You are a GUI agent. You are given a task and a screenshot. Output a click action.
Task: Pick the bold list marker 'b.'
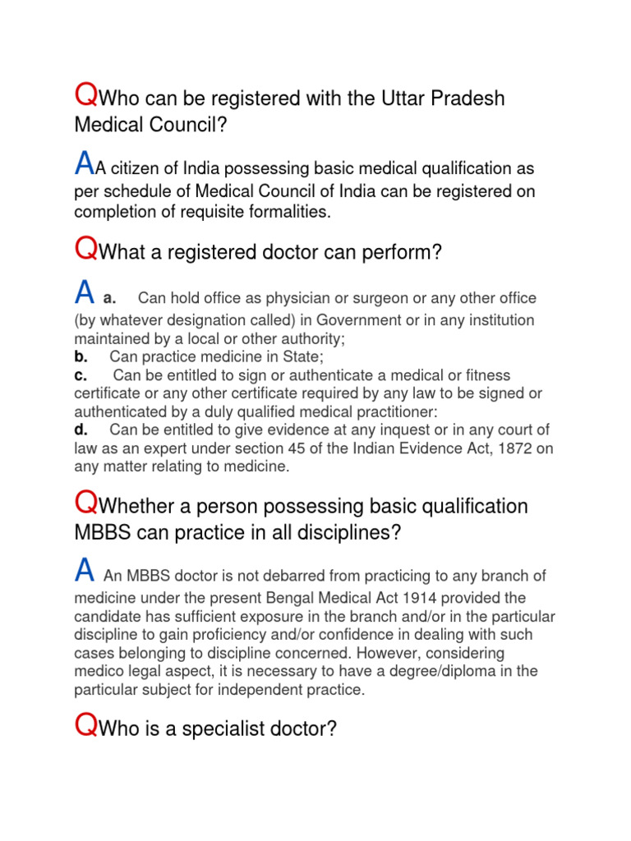[81, 356]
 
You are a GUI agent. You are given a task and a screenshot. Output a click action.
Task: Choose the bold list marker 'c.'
[81, 375]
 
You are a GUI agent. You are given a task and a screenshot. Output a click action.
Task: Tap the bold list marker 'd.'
[81, 430]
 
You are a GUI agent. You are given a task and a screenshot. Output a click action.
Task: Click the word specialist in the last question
[214, 728]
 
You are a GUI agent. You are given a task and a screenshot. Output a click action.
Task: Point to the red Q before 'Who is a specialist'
[85, 726]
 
